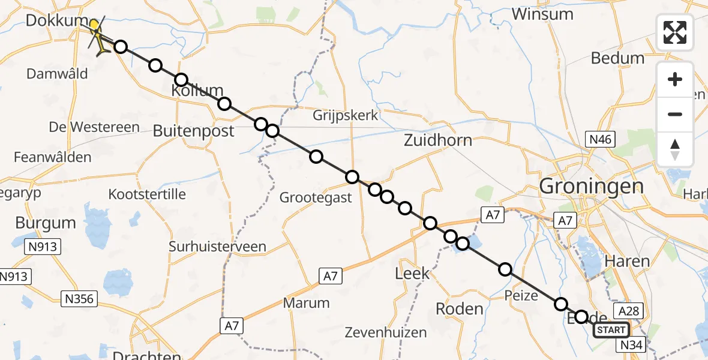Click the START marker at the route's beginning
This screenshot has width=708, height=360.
pyautogui.click(x=611, y=330)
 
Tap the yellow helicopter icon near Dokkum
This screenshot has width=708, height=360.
pyautogui.click(x=98, y=35)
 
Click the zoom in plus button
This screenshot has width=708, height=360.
pyautogui.click(x=675, y=80)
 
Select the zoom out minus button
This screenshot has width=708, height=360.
pyautogui.click(x=675, y=114)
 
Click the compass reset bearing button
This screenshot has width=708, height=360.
pyautogui.click(x=675, y=149)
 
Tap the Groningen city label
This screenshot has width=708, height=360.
pyautogui.click(x=591, y=186)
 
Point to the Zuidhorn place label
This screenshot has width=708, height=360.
pyautogui.click(x=437, y=140)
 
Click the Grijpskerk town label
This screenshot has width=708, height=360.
pyautogui.click(x=346, y=115)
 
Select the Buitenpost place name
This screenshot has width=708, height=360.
pyautogui.click(x=193, y=131)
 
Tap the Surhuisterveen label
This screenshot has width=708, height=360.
pyautogui.click(x=217, y=247)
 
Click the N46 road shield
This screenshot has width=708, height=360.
pyautogui.click(x=599, y=140)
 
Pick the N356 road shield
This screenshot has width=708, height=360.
pyautogui.click(x=79, y=298)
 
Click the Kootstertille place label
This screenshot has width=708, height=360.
pyautogui.click(x=147, y=194)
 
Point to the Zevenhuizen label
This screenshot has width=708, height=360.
pyautogui.click(x=386, y=332)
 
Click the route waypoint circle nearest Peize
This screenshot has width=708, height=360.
pyautogui.click(x=505, y=269)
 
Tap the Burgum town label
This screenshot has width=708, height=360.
pyautogui.click(x=46, y=223)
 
